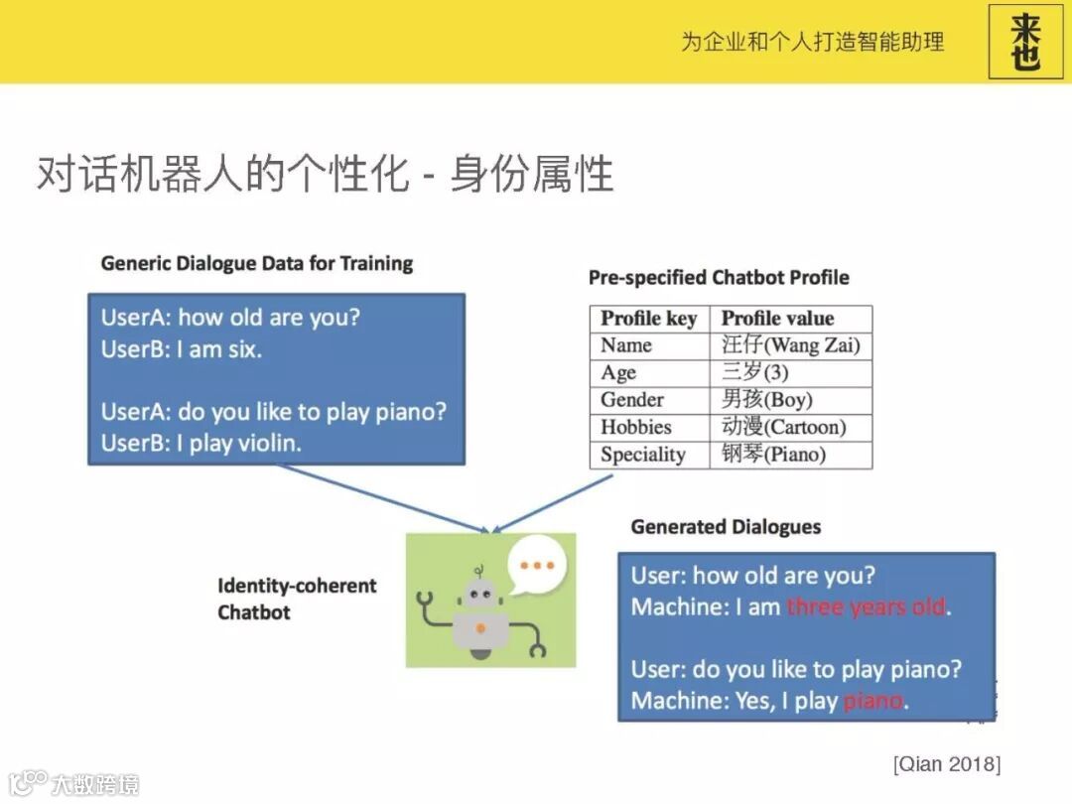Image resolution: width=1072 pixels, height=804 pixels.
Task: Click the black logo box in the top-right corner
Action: pyautogui.click(x=1025, y=42)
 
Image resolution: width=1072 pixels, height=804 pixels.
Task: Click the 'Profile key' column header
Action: pyautogui.click(x=649, y=319)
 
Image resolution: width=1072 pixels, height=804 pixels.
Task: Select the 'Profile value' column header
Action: pyautogui.click(x=778, y=319)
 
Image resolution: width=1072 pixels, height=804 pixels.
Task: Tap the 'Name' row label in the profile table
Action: pyautogui.click(x=626, y=345)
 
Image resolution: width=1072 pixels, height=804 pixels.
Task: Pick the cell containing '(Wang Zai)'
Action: pyautogui.click(x=791, y=345)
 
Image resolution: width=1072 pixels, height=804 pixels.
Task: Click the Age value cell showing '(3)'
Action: pyautogui.click(x=791, y=372)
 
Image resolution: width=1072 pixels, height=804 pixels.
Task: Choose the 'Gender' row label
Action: pyautogui.click(x=632, y=399)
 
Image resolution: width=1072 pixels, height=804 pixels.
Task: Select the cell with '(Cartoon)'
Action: pyautogui.click(x=791, y=427)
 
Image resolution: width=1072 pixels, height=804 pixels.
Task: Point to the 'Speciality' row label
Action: pyautogui.click(x=642, y=455)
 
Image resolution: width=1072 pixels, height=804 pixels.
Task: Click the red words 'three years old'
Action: pyautogui.click(x=867, y=606)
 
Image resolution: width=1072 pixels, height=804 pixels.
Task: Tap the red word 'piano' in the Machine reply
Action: pyautogui.click(x=873, y=701)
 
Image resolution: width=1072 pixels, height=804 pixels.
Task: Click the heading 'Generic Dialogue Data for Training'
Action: pyautogui.click(x=257, y=264)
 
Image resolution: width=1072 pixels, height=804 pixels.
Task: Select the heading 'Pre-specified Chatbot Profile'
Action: pyautogui.click(x=719, y=278)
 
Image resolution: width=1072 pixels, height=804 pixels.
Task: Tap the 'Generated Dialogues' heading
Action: pyautogui.click(x=726, y=527)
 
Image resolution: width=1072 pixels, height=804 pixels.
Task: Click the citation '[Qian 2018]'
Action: pyautogui.click(x=947, y=763)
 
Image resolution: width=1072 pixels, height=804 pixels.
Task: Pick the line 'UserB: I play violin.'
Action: pyautogui.click(x=201, y=444)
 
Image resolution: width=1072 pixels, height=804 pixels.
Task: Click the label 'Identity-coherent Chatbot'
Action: pyautogui.click(x=297, y=599)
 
